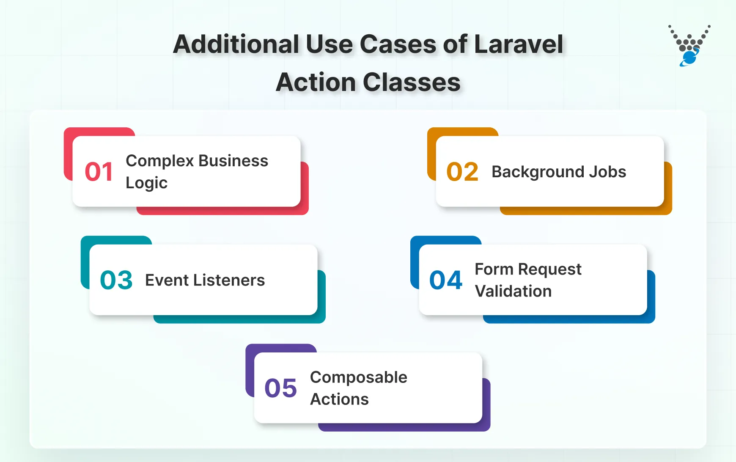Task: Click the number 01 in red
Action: click(99, 172)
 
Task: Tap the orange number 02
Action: click(462, 172)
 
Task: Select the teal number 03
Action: click(116, 280)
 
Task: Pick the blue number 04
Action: click(445, 280)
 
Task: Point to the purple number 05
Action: click(280, 388)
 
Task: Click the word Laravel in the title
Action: click(519, 44)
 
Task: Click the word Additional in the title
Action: click(236, 44)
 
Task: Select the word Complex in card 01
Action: click(159, 161)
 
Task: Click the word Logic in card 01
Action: click(146, 183)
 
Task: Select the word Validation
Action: click(513, 291)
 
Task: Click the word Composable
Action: click(358, 377)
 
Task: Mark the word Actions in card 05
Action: click(339, 399)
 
